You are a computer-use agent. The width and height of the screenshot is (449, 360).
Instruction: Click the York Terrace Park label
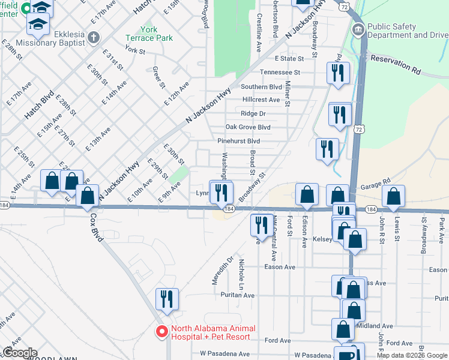tap(156, 33)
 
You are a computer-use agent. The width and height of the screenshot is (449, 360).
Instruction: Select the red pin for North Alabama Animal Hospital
tap(161, 331)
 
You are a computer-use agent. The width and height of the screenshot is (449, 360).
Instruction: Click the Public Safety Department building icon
tap(358, 29)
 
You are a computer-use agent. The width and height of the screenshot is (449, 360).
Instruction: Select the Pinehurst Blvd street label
tap(238, 141)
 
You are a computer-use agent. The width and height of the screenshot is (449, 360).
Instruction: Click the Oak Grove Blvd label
tap(247, 127)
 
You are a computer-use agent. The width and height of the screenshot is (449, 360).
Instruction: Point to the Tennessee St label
tap(279, 72)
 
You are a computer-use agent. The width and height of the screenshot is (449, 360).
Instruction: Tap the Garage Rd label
tap(376, 180)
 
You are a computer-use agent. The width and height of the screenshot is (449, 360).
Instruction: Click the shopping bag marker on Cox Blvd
tap(88, 196)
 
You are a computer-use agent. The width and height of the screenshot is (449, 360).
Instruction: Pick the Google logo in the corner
tap(19, 353)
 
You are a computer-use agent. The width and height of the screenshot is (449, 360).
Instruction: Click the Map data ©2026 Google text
tap(412, 355)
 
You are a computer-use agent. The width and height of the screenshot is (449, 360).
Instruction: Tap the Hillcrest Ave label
tap(261, 100)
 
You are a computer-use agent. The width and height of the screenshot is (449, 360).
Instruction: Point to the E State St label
tap(290, 59)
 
